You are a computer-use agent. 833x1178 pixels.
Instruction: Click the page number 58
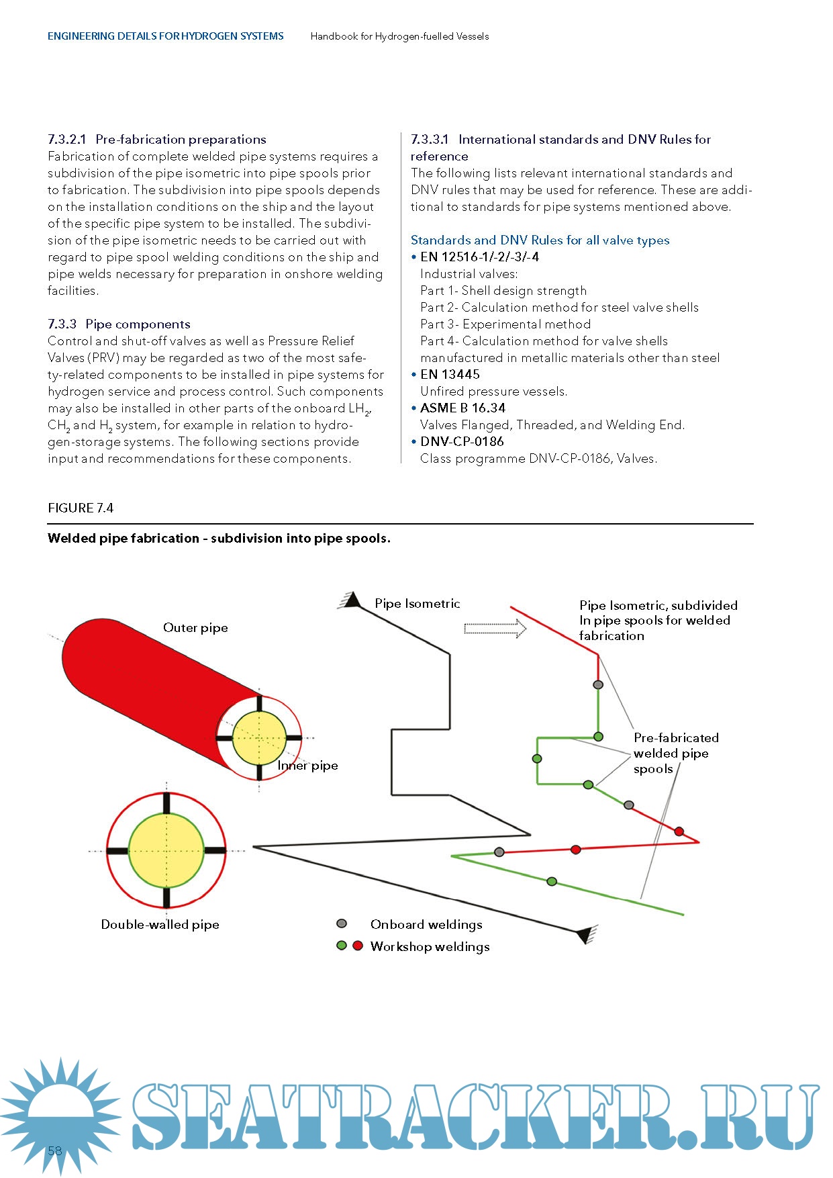[54, 1150]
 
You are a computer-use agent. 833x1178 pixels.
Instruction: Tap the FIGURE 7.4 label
[81, 508]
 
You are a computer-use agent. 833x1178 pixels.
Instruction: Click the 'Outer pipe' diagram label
[195, 628]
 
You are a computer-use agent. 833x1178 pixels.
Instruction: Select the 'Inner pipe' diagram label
[308, 766]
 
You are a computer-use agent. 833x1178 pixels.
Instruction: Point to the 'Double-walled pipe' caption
[160, 925]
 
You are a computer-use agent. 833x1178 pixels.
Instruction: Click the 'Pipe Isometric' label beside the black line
[417, 604]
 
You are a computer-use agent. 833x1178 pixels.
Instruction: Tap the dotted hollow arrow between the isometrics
[495, 629]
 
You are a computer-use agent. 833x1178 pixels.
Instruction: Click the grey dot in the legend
[342, 924]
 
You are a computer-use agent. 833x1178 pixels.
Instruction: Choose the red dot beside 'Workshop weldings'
[358, 946]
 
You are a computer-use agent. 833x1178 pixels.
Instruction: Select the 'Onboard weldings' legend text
[426, 925]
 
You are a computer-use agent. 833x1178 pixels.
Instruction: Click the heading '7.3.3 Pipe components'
[119, 324]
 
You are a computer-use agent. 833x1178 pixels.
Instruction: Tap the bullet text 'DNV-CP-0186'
[462, 442]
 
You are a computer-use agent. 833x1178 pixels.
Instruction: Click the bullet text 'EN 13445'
[450, 375]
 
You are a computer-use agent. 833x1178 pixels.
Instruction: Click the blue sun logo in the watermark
[60, 1115]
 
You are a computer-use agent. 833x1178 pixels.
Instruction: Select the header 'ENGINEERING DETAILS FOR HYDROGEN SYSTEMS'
[165, 36]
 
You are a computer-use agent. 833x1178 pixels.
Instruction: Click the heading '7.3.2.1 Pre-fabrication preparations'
[157, 140]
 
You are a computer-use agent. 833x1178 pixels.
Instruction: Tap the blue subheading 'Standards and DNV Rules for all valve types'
[540, 240]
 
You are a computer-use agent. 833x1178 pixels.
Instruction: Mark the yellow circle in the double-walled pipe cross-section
[166, 850]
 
